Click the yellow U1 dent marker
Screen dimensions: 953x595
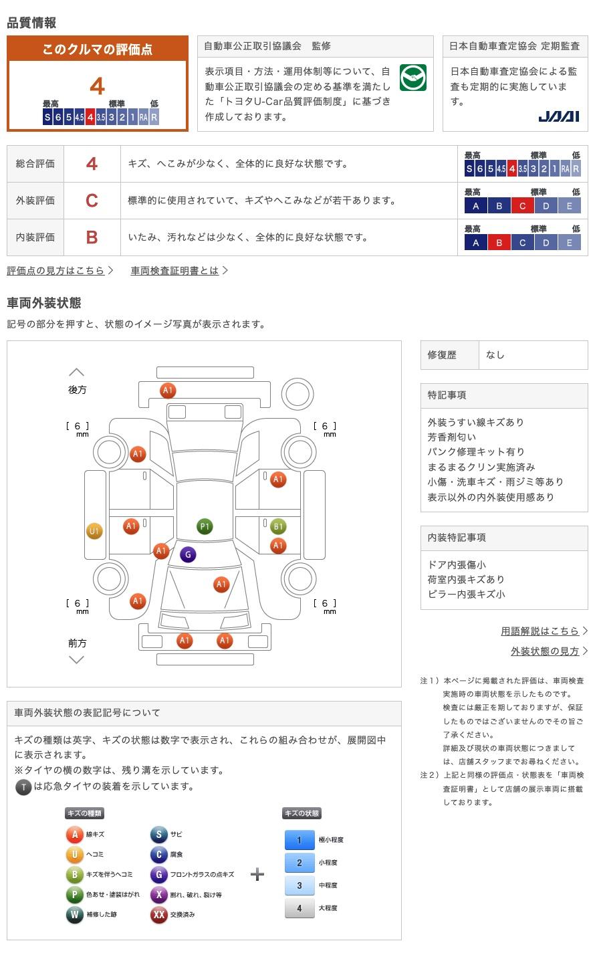coord(94,532)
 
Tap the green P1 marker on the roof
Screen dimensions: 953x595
coord(205,526)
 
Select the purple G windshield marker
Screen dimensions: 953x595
coord(188,554)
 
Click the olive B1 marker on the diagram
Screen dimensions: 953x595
coord(278,526)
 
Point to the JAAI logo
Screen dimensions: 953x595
coord(558,116)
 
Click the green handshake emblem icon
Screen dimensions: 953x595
coord(413,78)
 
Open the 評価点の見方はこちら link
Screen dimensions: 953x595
coord(56,271)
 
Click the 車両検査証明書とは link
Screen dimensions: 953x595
coord(175,271)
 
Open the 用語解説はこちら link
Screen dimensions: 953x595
coord(540,631)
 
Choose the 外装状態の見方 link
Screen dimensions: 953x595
coord(545,651)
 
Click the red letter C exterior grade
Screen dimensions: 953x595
coord(92,201)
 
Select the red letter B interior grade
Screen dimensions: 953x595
coord(92,237)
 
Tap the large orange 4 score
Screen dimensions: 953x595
coord(98,86)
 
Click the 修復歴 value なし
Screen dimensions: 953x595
coord(495,355)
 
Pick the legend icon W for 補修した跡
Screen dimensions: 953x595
coord(75,914)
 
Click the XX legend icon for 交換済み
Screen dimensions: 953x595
coord(158,914)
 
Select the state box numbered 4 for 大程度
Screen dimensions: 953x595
coord(300,908)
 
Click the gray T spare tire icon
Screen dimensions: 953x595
coord(23,787)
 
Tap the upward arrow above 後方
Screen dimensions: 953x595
coord(77,373)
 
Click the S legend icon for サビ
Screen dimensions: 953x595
coord(158,835)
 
